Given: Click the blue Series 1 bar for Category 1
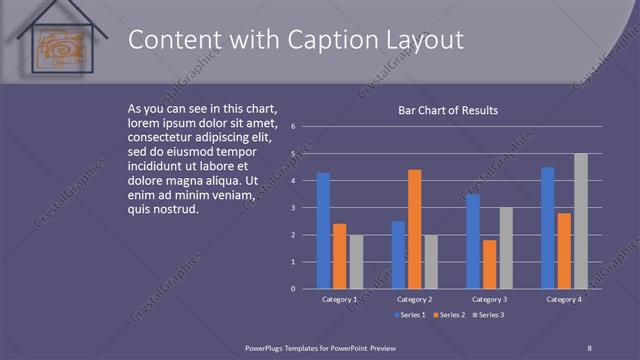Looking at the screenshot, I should coord(323,231).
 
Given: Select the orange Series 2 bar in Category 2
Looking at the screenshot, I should coord(414,229).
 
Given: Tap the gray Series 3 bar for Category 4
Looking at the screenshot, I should coord(580,221).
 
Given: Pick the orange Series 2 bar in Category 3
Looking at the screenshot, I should coord(489,264).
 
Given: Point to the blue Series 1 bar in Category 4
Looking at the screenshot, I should coord(547,228).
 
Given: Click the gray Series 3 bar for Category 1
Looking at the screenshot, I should coord(356,262).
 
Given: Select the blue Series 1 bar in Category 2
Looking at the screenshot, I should coord(398,255).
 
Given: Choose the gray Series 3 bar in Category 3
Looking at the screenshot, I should coord(505,248).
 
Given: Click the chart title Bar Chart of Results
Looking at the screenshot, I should coord(448,110).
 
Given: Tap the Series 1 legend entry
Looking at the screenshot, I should coord(409,315).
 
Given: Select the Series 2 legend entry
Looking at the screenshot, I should coord(448,315).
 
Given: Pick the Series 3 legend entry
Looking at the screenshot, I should coord(487,315).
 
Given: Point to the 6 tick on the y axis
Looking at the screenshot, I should coord(292,127).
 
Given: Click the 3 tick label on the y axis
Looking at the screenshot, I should coord(292,208).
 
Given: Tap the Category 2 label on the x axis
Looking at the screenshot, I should coord(414,299).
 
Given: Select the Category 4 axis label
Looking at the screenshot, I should coord(564,299).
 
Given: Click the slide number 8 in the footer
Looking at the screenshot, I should coord(589,347).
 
